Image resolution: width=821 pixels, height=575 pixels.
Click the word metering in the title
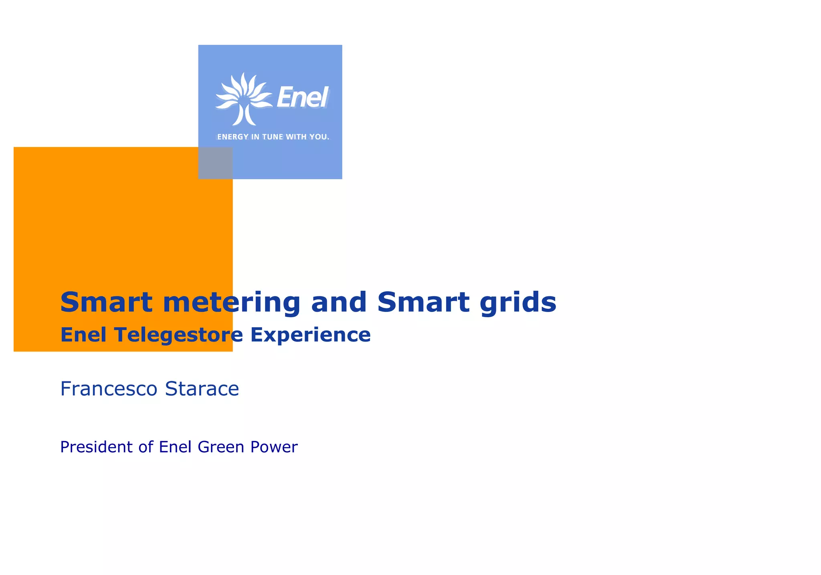coord(231,302)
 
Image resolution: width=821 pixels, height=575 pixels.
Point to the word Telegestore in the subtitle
coord(178,335)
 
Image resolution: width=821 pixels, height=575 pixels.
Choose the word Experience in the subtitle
coord(310,335)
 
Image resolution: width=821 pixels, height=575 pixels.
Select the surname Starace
coord(202,389)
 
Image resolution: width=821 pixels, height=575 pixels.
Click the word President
coord(96,447)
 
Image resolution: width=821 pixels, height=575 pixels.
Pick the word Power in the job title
coord(274,447)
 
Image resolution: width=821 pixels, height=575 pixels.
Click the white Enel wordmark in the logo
coord(303,97)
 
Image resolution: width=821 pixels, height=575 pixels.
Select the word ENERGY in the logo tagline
coord(233,137)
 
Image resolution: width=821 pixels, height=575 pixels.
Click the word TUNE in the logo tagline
coord(273,137)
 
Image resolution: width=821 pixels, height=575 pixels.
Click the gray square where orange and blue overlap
coord(215,163)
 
